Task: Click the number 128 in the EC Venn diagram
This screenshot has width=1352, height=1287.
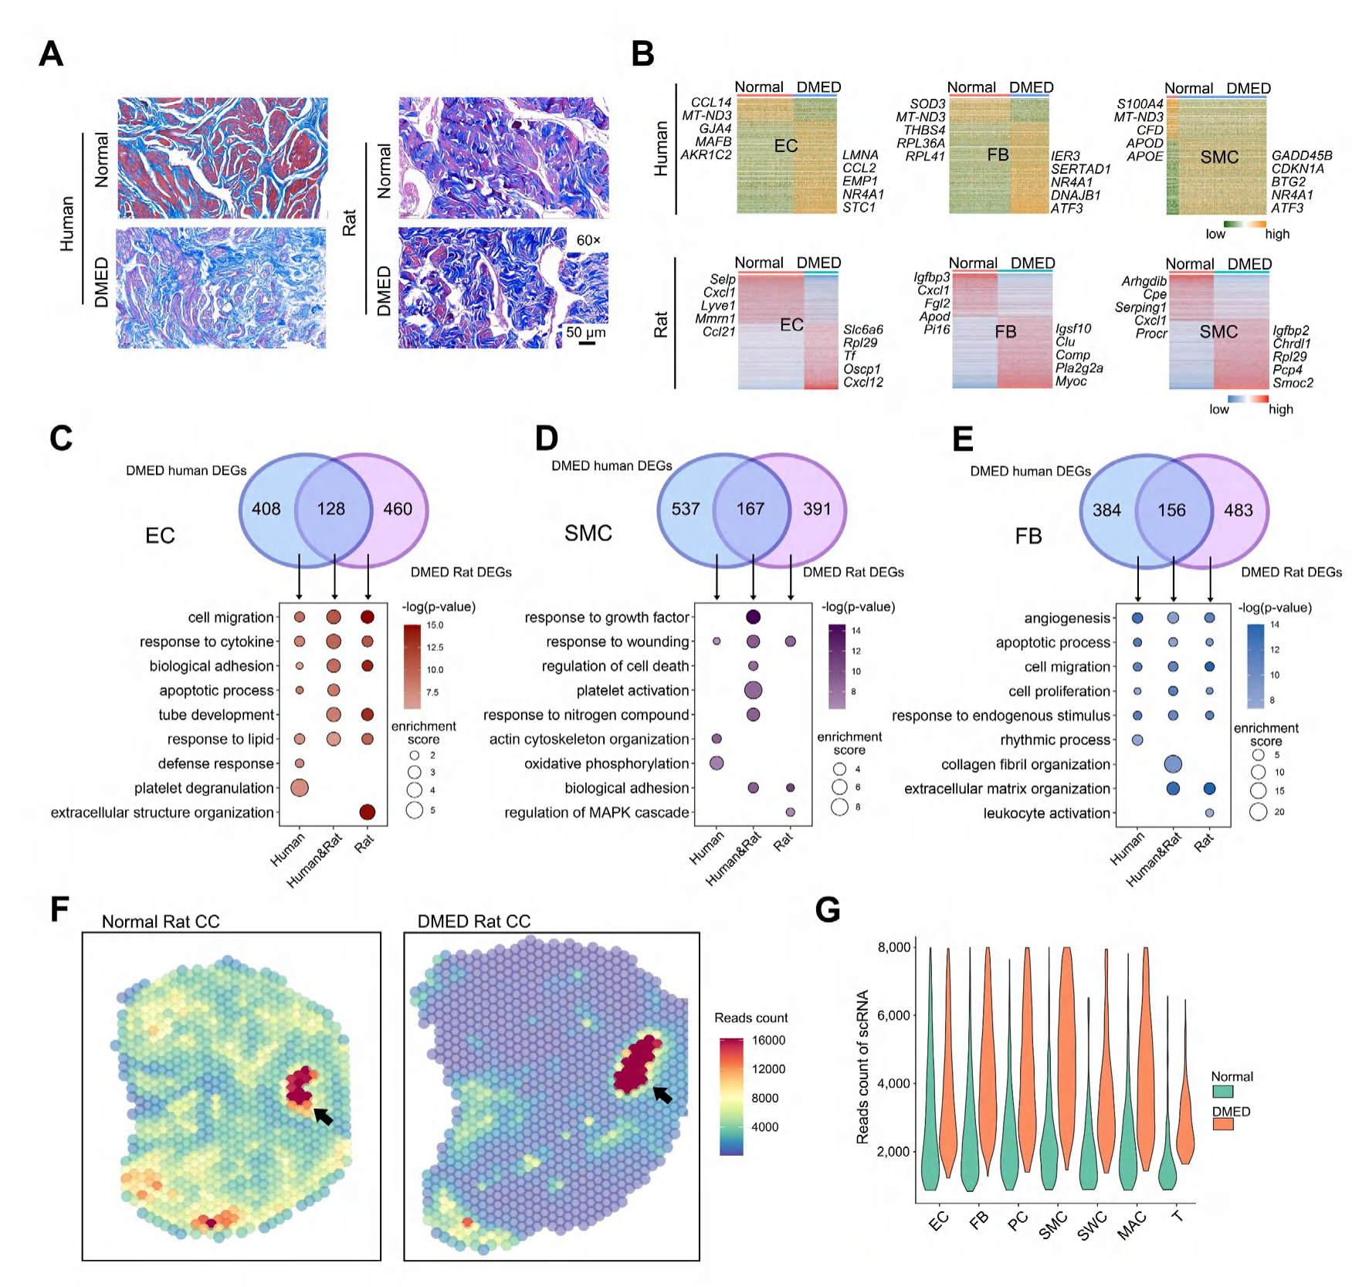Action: tap(330, 509)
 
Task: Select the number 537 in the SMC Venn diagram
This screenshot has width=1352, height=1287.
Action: tap(685, 509)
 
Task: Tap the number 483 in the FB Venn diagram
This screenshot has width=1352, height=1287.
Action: tap(1238, 510)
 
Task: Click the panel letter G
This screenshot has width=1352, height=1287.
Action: tap(827, 910)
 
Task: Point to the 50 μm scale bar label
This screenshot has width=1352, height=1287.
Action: tap(585, 333)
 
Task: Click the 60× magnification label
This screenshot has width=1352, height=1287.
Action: tap(588, 240)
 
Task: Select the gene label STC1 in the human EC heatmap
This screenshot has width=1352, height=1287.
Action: tap(859, 208)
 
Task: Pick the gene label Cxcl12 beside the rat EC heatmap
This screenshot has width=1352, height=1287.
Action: tap(862, 382)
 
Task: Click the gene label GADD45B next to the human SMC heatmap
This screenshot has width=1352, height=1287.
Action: tap(1302, 156)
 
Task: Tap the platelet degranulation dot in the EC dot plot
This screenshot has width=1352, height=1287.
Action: tap(300, 787)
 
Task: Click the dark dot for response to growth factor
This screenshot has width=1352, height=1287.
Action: tap(753, 617)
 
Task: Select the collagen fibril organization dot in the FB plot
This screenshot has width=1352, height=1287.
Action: tap(1173, 764)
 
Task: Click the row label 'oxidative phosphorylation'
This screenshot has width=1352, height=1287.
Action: tap(606, 764)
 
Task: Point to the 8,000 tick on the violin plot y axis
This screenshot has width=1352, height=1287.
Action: tap(893, 947)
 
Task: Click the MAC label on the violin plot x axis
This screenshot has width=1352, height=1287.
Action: tap(1132, 1225)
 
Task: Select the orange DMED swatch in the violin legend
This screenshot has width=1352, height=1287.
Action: tap(1222, 1124)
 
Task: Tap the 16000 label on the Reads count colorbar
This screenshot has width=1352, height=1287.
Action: tap(768, 1040)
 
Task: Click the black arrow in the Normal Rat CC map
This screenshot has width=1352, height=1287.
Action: tap(324, 1116)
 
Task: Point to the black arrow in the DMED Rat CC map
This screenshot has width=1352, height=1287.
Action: tap(662, 1095)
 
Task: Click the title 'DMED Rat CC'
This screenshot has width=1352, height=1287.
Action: tap(473, 922)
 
